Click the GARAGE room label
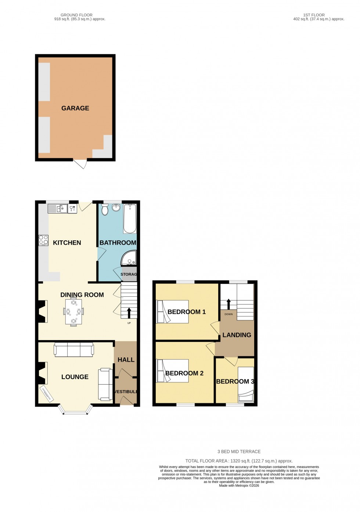tap(75, 108)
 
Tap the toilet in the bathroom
tap(105, 209)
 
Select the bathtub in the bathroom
tap(130, 219)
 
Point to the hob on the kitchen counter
tap(43, 240)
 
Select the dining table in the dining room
tap(73, 311)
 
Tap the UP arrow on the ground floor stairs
tap(129, 313)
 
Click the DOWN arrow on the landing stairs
tap(228, 304)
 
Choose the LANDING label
tap(237, 335)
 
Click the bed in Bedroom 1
tap(173, 312)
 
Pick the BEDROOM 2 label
tap(184, 373)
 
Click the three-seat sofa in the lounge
tap(74, 350)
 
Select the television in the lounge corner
tap(46, 394)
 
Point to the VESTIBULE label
tap(126, 392)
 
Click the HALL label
tap(126, 360)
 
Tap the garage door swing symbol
tap(80, 164)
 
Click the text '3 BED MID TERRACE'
tap(239, 452)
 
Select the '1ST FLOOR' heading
tap(314, 15)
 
